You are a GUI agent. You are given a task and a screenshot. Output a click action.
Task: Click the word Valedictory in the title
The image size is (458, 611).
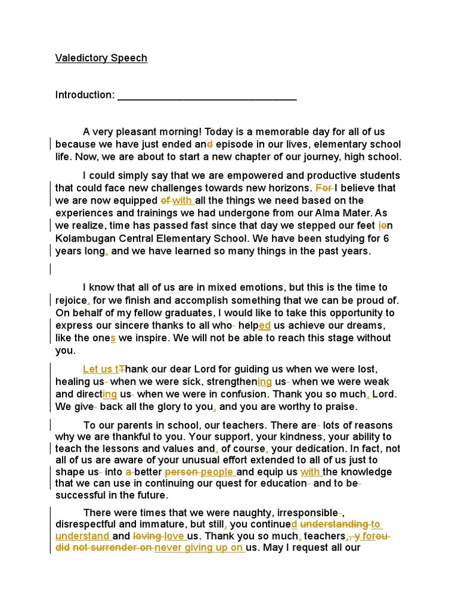click(80, 58)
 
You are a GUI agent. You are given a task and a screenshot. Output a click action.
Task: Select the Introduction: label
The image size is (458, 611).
click(85, 95)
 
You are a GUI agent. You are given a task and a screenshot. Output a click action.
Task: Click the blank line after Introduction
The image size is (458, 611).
click(207, 96)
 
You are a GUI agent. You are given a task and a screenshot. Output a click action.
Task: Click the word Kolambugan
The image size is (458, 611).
click(88, 239)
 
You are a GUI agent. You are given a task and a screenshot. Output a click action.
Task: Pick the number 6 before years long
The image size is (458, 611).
click(386, 239)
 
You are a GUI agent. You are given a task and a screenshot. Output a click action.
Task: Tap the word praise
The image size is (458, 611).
click(342, 407)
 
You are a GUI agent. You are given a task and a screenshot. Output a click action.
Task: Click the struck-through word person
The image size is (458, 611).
click(181, 472)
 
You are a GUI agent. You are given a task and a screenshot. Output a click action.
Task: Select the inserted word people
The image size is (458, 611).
click(218, 472)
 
